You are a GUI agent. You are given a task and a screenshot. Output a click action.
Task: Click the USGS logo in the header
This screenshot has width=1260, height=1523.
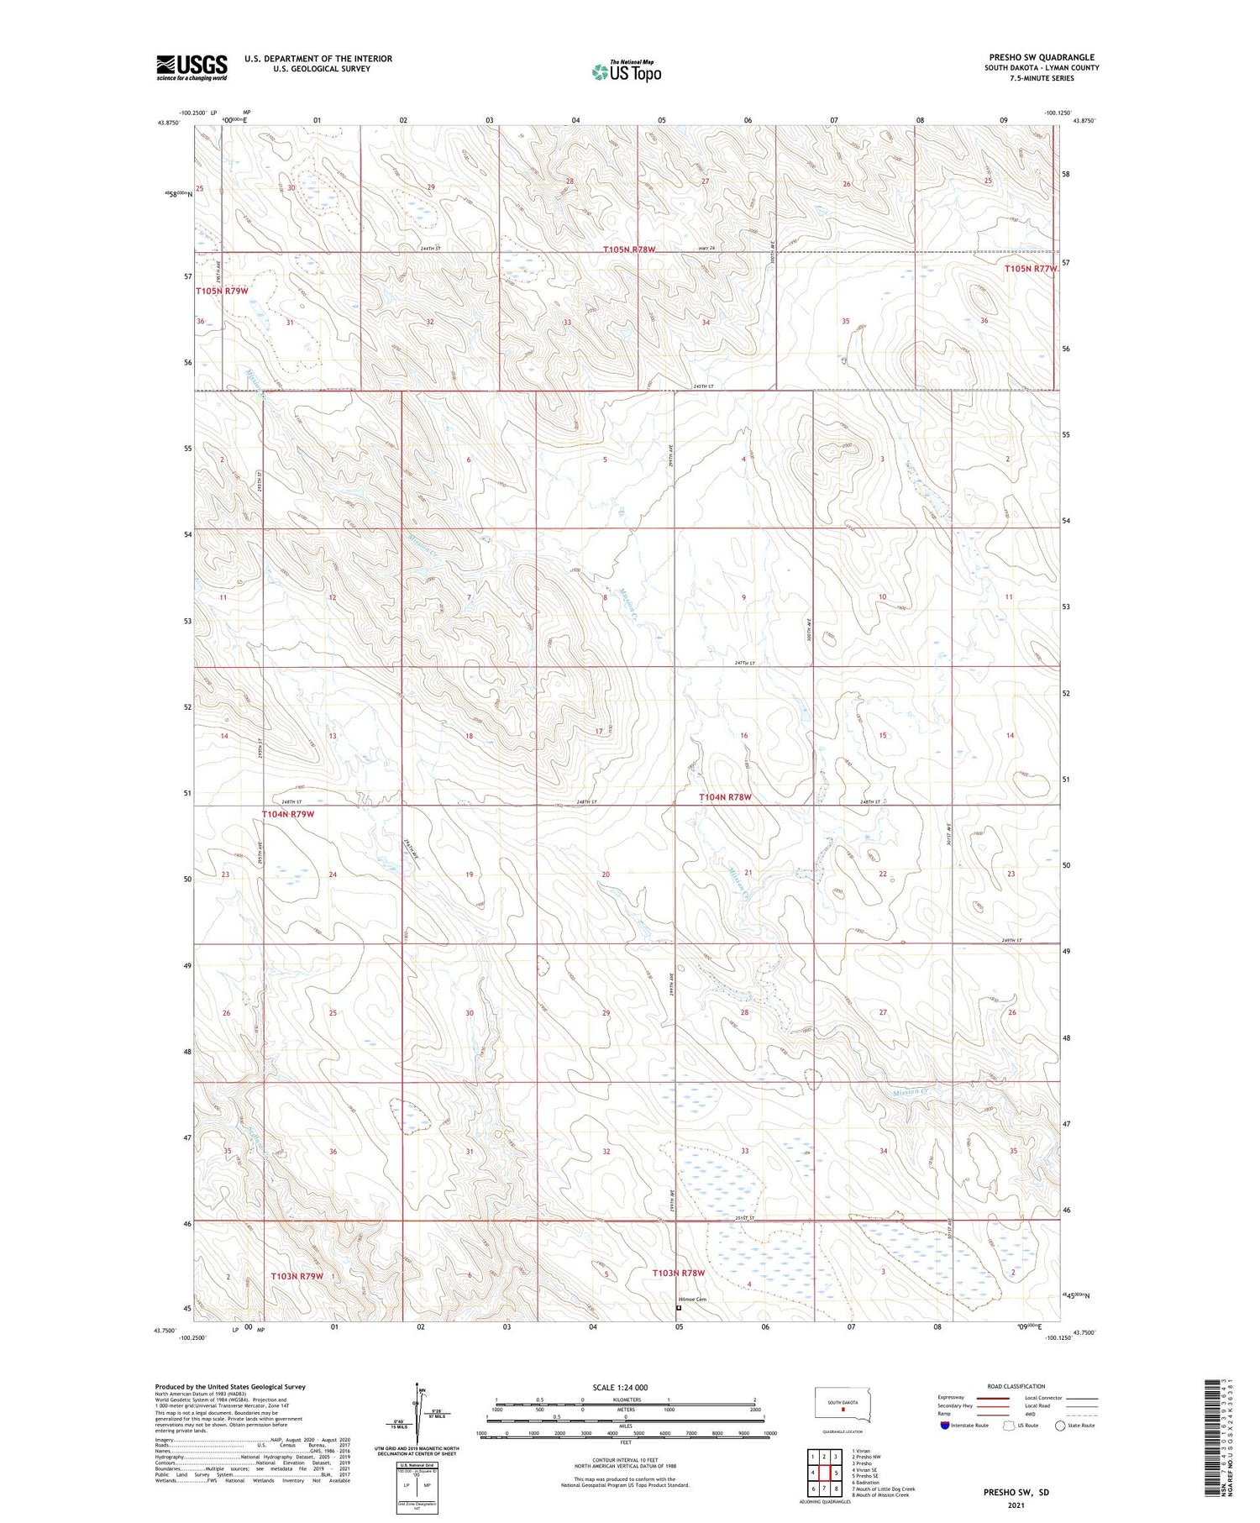pyautogui.click(x=192, y=67)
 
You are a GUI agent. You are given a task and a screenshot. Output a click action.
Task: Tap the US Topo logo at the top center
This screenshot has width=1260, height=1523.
pyautogui.click(x=626, y=72)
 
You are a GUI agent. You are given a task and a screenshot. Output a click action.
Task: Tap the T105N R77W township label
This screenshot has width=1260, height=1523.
pyautogui.click(x=1030, y=269)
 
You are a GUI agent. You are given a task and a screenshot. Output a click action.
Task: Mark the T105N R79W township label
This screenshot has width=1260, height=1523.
pyautogui.click(x=222, y=291)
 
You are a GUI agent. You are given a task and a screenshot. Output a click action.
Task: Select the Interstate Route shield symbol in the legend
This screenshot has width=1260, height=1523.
pyautogui.click(x=945, y=1426)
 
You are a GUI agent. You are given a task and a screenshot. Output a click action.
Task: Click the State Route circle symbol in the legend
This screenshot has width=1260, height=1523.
pyautogui.click(x=1060, y=1426)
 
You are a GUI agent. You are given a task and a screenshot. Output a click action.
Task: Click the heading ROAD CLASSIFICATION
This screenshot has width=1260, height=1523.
pyautogui.click(x=1016, y=1386)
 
